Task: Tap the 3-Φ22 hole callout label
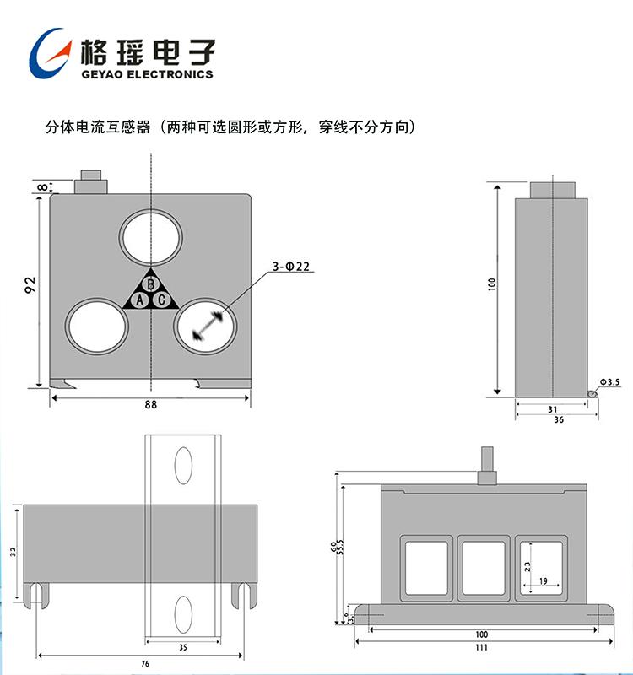[291, 267]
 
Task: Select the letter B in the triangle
[150, 284]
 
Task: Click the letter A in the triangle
[141, 300]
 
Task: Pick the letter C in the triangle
[160, 300]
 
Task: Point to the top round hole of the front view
[150, 236]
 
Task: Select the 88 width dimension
[150, 404]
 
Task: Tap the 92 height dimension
[30, 285]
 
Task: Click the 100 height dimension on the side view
[491, 284]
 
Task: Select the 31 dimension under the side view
[550, 408]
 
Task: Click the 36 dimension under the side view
[558, 419]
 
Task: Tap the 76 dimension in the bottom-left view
[145, 665]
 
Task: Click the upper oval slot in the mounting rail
[183, 464]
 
